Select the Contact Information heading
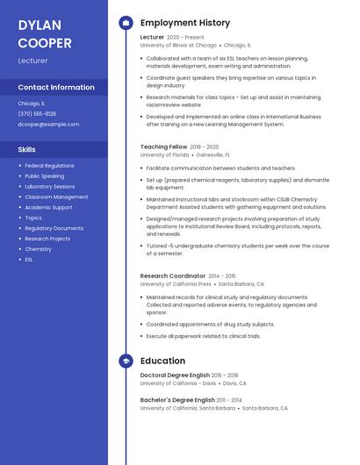coord(56,87)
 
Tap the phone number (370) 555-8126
coord(37,113)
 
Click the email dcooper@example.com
coord(48,124)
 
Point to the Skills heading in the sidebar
coord(27,149)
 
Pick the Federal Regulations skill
coord(49,165)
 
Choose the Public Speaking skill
coord(44,175)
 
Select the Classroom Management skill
coord(56,197)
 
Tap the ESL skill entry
coord(29,260)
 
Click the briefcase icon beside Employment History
coord(125,23)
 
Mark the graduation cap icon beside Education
coord(125,361)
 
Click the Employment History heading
coord(184,23)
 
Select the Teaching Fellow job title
coord(163,147)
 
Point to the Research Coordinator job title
coord(172,275)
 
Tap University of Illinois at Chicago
coord(177,45)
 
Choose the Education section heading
coord(162,361)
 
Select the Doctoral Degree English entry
coord(175,375)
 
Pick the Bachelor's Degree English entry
coord(176,399)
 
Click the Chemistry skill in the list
coord(38,249)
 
